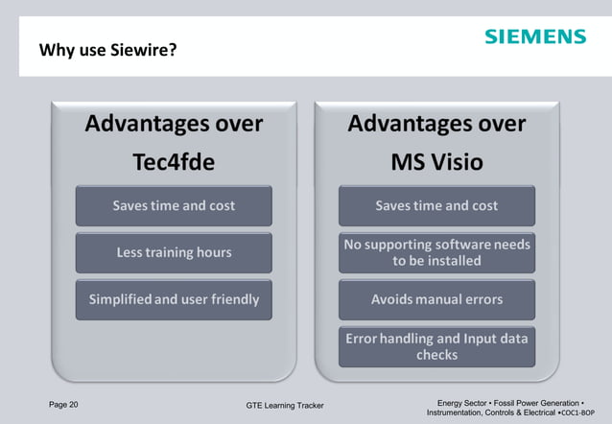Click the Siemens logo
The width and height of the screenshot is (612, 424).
point(534,36)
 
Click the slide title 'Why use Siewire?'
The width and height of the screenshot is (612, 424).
point(107,49)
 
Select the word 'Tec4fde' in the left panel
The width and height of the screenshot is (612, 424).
point(174,162)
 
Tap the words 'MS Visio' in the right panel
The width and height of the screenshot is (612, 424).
point(436,162)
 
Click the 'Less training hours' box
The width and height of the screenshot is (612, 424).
point(174,252)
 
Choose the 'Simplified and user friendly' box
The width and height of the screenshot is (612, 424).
point(174,299)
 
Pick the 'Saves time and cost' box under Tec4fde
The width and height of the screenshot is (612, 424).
point(174,205)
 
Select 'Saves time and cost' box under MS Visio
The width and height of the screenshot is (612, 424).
point(436,205)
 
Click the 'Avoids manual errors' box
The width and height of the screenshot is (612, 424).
point(436,299)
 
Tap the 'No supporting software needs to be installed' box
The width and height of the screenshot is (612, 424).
point(436,252)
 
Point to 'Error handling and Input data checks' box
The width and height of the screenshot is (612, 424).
point(436,346)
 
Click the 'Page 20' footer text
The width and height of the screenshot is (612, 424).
point(63,404)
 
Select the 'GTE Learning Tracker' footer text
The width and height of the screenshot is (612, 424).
point(285,406)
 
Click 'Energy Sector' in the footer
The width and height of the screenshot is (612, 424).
point(464,403)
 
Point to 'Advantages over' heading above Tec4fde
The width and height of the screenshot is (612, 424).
point(174,124)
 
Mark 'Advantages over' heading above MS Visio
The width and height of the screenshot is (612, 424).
point(436,124)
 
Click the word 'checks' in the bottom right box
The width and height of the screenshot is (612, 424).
point(436,355)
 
